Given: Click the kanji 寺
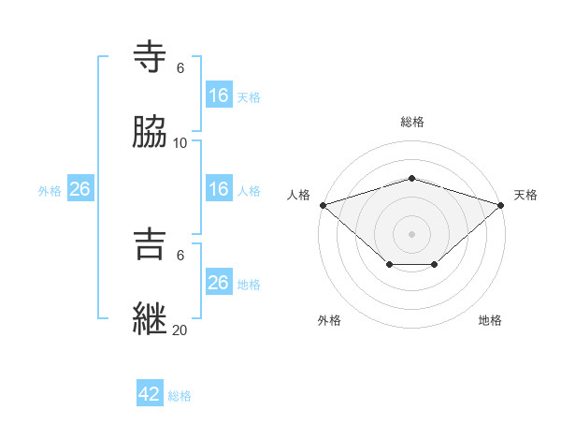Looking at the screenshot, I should coord(151,56).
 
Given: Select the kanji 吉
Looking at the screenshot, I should coord(151,244).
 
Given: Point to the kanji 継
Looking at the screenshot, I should coord(151,318).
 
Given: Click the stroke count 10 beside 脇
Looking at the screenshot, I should coord(180,143).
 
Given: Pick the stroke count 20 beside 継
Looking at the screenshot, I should coord(180,330).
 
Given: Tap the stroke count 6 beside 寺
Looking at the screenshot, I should coord(180,68).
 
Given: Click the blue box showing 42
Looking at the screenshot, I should coord(150,394).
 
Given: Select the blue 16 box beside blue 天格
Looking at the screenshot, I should coord(218,95).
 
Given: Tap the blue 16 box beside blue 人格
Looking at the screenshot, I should coord(218,189).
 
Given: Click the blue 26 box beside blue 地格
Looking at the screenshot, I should coord(218,283).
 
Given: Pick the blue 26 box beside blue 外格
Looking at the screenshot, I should coord(79,189).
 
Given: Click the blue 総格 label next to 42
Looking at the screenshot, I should coord(180,396).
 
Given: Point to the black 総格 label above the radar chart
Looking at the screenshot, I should coord(412,122).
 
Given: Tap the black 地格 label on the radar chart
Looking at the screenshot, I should coord(490,320).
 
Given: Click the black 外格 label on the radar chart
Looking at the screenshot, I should coord(329,320).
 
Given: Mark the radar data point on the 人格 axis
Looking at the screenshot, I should coord(323,204).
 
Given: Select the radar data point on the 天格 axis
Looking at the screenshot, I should coord(501,204).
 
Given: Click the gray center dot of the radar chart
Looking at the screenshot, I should coord(411,233).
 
